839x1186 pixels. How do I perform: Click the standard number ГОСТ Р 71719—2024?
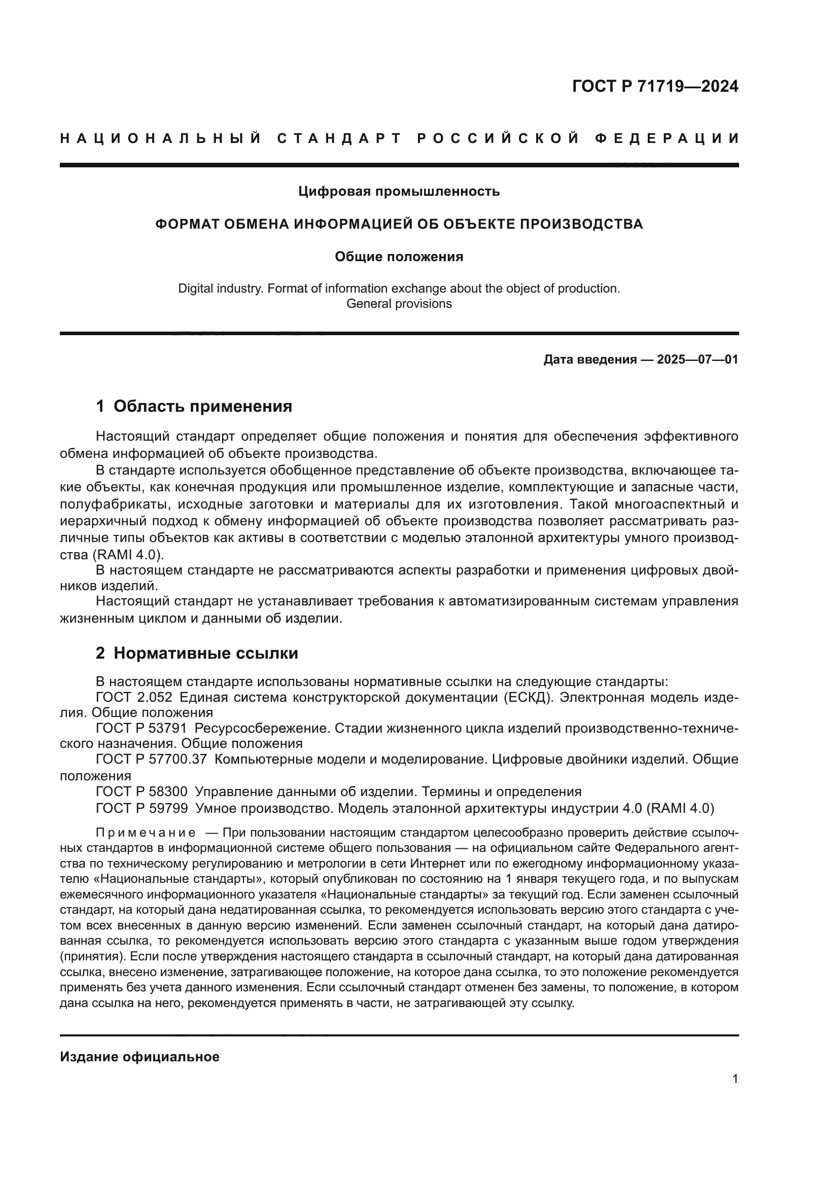(654, 86)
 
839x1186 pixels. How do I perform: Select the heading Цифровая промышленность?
(399, 192)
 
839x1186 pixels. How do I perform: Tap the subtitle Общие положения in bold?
(399, 257)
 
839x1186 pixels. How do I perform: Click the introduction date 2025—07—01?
(697, 360)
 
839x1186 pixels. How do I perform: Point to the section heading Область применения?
(202, 407)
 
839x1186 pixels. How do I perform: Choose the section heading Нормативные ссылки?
(205, 654)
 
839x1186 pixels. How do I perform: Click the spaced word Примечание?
(146, 833)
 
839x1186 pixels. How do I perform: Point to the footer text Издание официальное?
(139, 1057)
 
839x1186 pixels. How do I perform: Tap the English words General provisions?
(399, 304)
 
